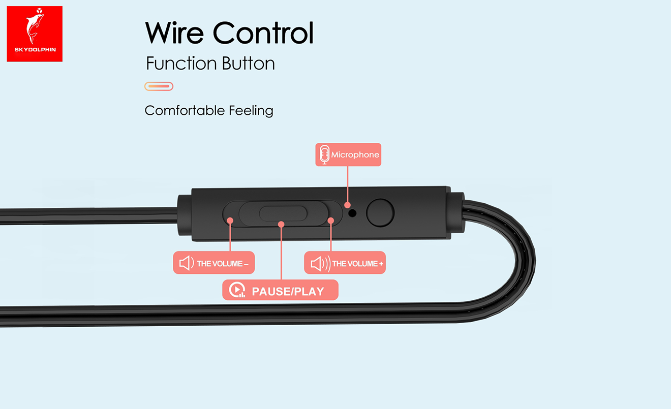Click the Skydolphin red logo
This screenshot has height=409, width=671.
35,34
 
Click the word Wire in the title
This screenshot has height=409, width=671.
174,33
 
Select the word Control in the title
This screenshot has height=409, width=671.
263,33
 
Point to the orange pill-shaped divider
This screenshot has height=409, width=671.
159,86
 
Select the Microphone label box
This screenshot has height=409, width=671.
348,154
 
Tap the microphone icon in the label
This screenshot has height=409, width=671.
324,154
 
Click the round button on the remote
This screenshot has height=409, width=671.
380,212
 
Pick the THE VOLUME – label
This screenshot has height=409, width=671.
214,263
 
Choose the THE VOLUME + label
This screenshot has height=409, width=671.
345,263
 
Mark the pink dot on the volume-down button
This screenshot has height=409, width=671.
230,221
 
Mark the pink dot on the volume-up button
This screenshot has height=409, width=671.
331,221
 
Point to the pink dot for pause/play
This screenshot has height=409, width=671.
281,224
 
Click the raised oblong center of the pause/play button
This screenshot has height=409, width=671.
283,213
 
